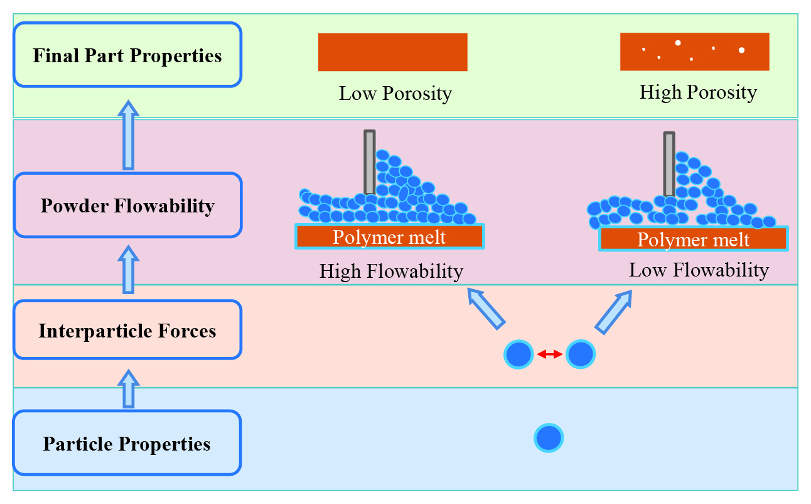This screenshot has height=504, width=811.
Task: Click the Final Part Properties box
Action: pyautogui.click(x=127, y=55)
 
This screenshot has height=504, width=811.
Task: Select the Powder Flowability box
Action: pyautogui.click(x=127, y=205)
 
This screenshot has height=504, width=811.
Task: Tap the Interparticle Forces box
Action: pyautogui.click(x=127, y=330)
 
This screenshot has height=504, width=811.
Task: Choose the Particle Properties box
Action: pyautogui.click(x=127, y=442)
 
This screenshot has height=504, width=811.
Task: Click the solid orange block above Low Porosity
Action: pyautogui.click(x=393, y=52)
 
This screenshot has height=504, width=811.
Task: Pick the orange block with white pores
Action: pyautogui.click(x=695, y=52)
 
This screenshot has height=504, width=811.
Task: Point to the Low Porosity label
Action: pyautogui.click(x=395, y=94)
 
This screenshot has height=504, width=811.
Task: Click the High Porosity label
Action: pyautogui.click(x=698, y=92)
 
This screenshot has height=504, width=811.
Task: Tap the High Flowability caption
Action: pyautogui.click(x=391, y=271)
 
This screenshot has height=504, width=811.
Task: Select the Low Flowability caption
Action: pyautogui.click(x=699, y=270)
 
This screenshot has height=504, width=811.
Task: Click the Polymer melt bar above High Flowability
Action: pyautogui.click(x=390, y=237)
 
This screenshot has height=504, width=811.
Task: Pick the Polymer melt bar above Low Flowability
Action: pyautogui.click(x=694, y=239)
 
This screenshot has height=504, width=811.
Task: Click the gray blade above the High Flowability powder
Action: pyautogui.click(x=370, y=162)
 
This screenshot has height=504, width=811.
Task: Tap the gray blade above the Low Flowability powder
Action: pyautogui.click(x=669, y=164)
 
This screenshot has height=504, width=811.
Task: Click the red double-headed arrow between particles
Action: pyautogui.click(x=550, y=354)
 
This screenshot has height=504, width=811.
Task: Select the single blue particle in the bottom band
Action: pyautogui.click(x=549, y=438)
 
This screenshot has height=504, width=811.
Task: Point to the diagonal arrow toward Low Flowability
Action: pyautogui.click(x=614, y=312)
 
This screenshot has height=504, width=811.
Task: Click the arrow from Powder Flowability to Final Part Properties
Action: pyautogui.click(x=129, y=135)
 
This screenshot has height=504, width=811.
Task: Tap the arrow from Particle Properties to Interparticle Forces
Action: pyautogui.click(x=129, y=389)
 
